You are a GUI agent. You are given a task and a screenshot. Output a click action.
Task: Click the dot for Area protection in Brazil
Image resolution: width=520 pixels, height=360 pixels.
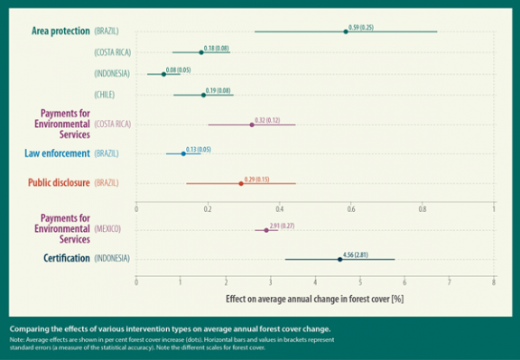pyautogui.click(x=346, y=32)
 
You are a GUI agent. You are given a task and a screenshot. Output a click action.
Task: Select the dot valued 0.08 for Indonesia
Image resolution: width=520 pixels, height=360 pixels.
pyautogui.click(x=163, y=73)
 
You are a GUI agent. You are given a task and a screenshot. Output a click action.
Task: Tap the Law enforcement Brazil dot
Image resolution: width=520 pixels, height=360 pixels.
pyautogui.click(x=183, y=153)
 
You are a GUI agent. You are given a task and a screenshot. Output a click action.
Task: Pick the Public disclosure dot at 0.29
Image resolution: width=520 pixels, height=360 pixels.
pyautogui.click(x=240, y=183)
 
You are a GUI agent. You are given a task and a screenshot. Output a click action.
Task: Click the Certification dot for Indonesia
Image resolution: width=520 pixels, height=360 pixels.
pyautogui.click(x=339, y=259)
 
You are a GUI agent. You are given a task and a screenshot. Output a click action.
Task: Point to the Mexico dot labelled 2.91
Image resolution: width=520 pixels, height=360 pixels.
pyautogui.click(x=266, y=230)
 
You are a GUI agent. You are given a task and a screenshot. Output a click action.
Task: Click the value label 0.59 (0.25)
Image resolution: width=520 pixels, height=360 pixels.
pyautogui.click(x=361, y=26)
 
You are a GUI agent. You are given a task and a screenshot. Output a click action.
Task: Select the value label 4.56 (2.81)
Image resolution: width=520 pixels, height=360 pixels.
pyautogui.click(x=356, y=254)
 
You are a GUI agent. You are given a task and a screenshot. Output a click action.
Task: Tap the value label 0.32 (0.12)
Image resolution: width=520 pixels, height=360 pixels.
pyautogui.click(x=267, y=118)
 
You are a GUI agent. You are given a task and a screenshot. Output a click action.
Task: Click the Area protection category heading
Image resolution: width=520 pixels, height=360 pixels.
pyautogui.click(x=60, y=32)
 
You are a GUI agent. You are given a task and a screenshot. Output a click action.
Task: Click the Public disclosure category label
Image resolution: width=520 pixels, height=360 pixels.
pyautogui.click(x=56, y=183)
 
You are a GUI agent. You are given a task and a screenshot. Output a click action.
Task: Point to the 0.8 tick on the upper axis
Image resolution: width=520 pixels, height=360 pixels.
pyautogui.click(x=422, y=208)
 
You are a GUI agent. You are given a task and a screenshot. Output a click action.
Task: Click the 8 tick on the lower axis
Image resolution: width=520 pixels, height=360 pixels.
pyautogui.click(x=494, y=282)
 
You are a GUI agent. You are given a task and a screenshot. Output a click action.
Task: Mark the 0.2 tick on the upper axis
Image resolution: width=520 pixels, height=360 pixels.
pyautogui.click(x=208, y=208)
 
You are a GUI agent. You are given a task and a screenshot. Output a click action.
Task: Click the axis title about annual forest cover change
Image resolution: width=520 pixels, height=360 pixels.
pyautogui.click(x=314, y=297)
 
